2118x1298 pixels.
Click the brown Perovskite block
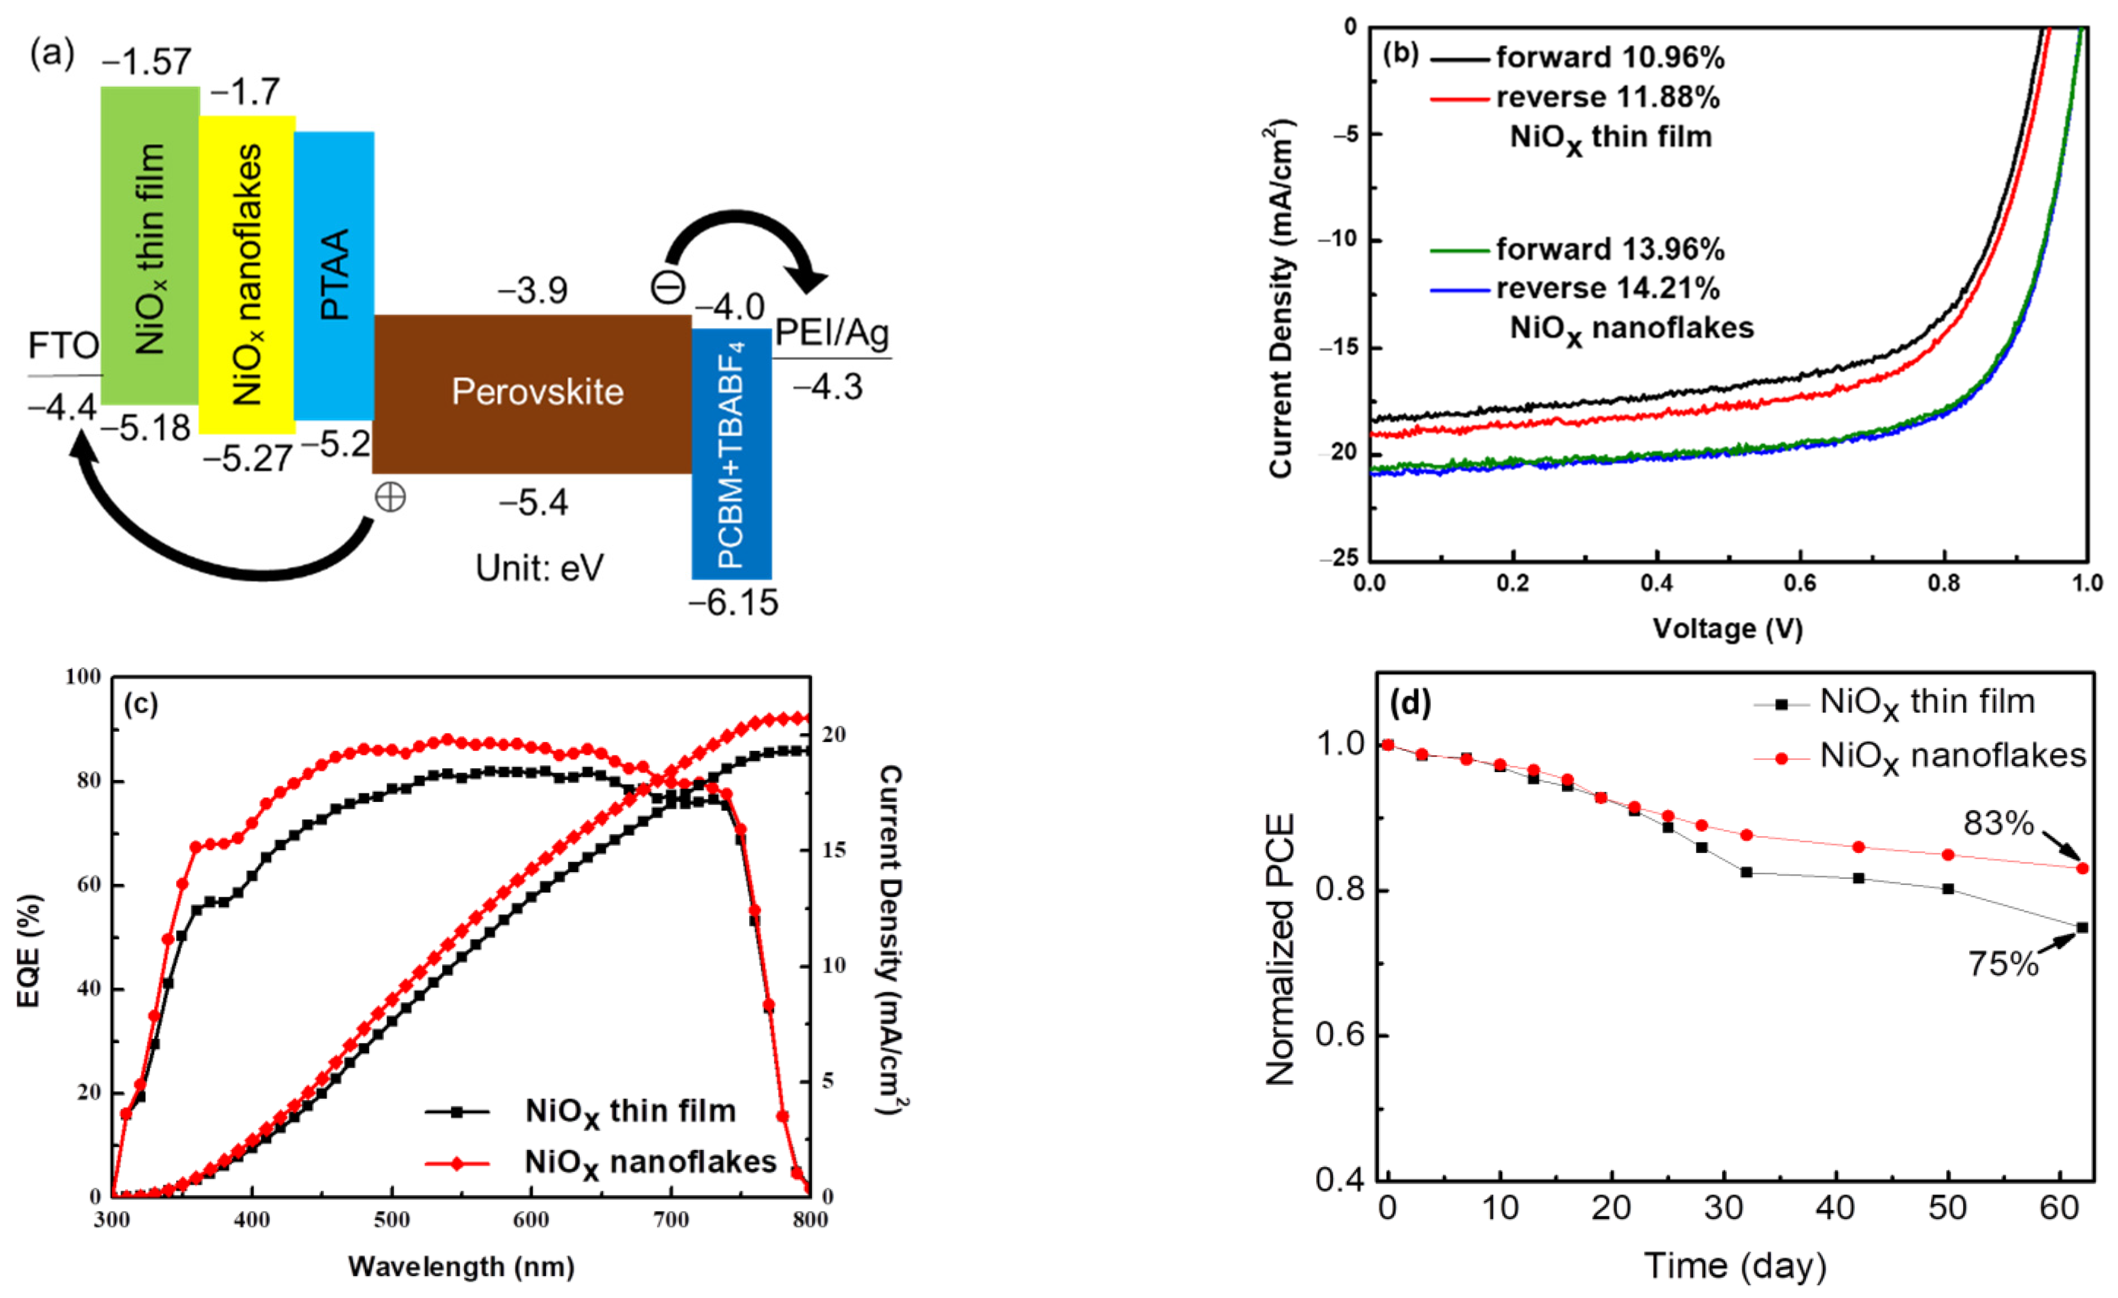[533, 394]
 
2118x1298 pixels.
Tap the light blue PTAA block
[334, 275]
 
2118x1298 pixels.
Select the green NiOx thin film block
[150, 245]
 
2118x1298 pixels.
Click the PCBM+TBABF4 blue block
[731, 454]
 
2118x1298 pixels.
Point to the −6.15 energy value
[733, 603]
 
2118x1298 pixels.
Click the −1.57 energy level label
[147, 62]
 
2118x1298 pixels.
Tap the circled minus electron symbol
[668, 287]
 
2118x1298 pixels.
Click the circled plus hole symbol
[390, 497]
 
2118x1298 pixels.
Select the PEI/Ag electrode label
[831, 333]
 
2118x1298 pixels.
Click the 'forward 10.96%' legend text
[1609, 58]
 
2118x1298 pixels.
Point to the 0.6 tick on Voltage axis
[1799, 584]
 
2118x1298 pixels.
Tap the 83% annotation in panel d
[1998, 823]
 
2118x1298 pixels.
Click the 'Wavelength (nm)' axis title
[461, 1266]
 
